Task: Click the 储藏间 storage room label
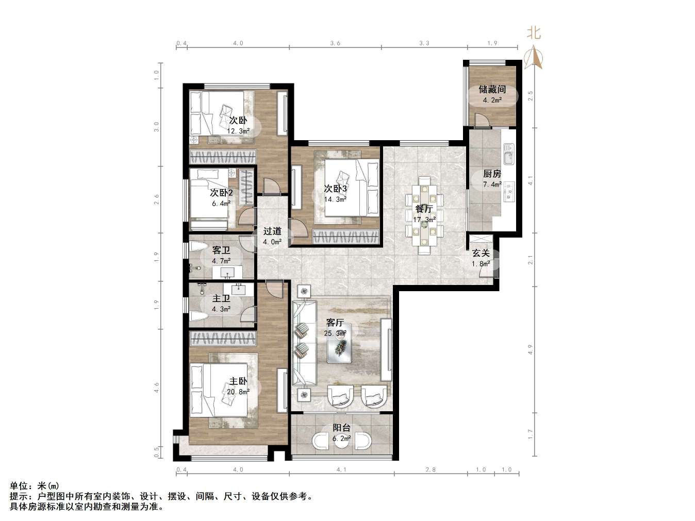click(492, 90)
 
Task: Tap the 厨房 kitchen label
click(492, 174)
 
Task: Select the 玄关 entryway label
click(481, 253)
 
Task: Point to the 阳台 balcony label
click(341, 428)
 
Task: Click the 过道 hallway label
click(272, 231)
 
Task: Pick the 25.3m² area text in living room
click(335, 333)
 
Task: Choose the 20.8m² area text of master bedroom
click(238, 392)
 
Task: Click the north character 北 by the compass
click(534, 33)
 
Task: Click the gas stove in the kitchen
click(509, 191)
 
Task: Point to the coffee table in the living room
click(339, 343)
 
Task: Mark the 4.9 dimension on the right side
click(531, 349)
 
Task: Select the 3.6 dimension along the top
click(335, 43)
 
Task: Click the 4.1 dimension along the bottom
click(341, 470)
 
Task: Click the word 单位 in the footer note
click(19, 486)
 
